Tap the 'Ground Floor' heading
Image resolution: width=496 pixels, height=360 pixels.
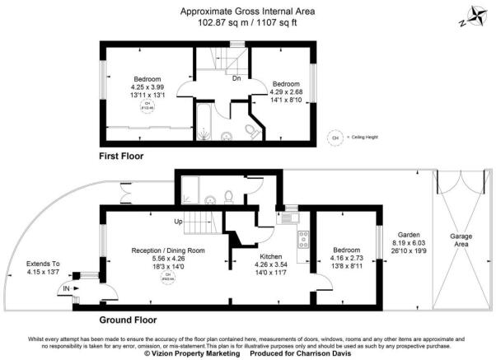click(129, 320)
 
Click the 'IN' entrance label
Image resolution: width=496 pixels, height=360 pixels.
click(66, 288)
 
